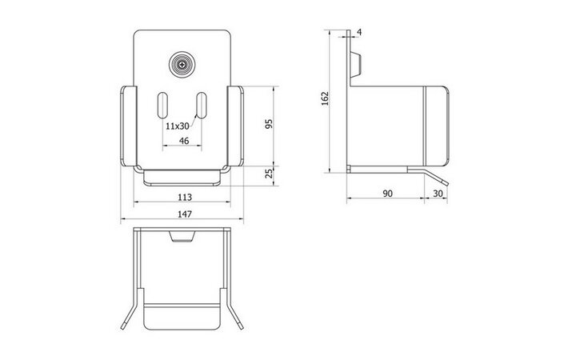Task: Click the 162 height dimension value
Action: click(x=325, y=98)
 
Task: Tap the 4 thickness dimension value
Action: click(x=359, y=32)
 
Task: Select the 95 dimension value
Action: click(x=270, y=124)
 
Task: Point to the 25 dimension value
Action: click(x=270, y=173)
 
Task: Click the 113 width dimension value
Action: click(x=185, y=198)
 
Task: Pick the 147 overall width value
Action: click(x=185, y=214)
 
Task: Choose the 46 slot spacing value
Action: click(x=184, y=141)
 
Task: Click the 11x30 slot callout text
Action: click(x=177, y=126)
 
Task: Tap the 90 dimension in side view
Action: click(x=387, y=194)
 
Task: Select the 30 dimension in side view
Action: click(x=438, y=194)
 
